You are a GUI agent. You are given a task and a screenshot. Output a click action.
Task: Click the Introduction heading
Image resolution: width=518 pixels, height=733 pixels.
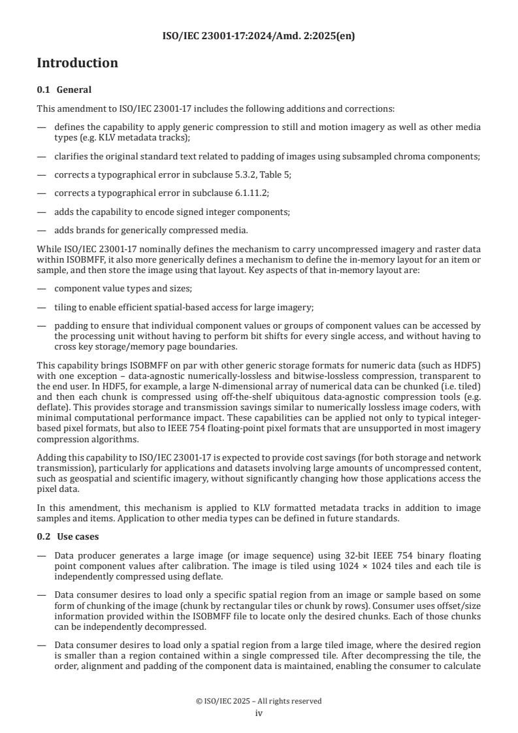click(x=77, y=63)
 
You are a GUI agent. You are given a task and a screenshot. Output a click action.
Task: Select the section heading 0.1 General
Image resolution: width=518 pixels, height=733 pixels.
click(x=64, y=90)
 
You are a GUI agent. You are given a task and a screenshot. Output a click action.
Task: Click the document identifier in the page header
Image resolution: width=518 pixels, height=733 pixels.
click(x=259, y=36)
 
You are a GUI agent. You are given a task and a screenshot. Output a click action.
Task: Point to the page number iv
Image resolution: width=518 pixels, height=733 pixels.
click(x=259, y=713)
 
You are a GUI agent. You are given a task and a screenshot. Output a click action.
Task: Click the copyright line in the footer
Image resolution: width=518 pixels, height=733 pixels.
click(x=259, y=701)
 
